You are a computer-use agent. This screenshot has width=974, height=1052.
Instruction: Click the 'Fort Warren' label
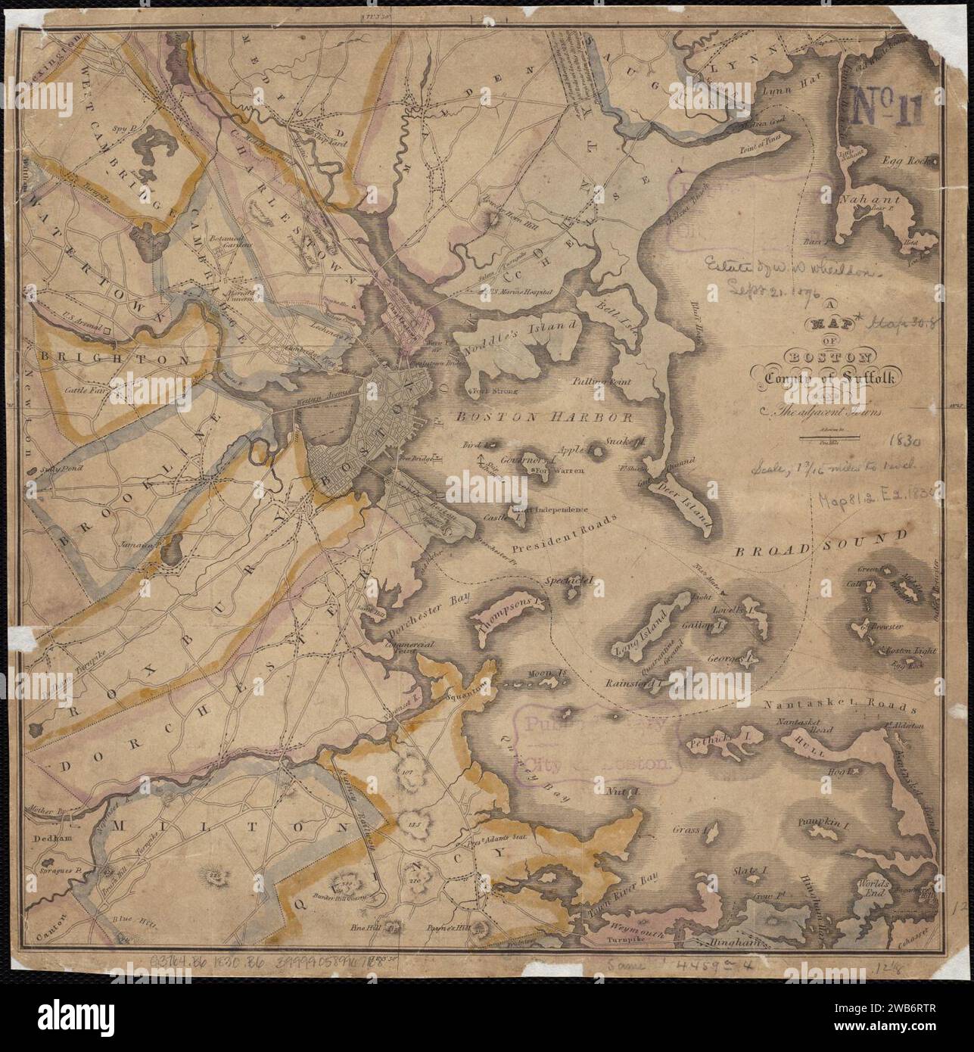[557, 472]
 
